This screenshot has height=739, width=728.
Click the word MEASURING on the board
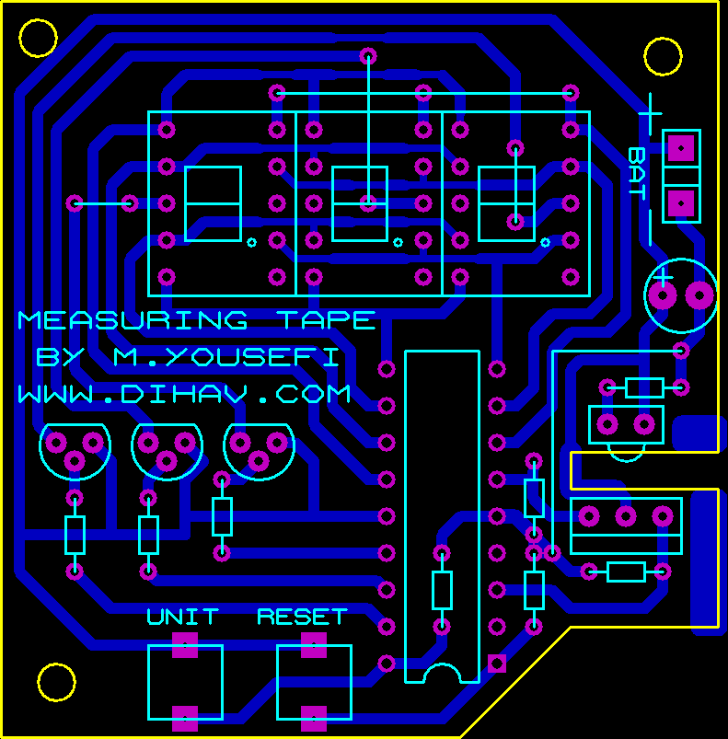point(133,320)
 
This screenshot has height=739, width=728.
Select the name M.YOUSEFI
point(225,357)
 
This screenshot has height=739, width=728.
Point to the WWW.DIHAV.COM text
point(184,394)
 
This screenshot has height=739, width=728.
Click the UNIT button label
point(183,617)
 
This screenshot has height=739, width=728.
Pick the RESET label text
point(302,617)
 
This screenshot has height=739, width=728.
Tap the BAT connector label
point(636,173)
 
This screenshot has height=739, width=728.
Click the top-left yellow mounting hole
point(39,38)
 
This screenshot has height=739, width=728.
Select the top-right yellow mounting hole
point(663,56)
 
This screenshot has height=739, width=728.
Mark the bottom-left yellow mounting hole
point(56,682)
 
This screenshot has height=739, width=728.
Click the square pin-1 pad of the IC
point(497,663)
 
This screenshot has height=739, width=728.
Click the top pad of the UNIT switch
point(185,643)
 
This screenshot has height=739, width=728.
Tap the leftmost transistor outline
point(75,450)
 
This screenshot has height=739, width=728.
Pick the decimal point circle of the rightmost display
point(545,243)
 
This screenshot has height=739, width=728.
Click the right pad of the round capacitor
point(699,295)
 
